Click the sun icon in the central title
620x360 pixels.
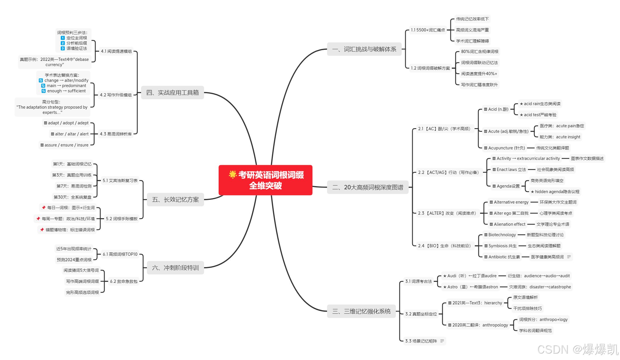233,174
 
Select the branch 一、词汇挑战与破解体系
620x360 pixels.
364,49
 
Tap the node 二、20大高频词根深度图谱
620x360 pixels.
368,187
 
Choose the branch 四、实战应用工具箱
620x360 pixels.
172,93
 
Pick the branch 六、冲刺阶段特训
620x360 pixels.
175,268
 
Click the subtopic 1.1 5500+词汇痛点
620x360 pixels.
428,30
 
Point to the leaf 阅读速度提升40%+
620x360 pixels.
479,74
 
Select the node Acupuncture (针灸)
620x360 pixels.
504,148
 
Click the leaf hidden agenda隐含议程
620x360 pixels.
555,192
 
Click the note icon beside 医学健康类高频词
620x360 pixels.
569,257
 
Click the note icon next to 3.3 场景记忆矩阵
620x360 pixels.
442,341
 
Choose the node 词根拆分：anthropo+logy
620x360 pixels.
543,320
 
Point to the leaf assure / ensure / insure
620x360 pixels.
64,145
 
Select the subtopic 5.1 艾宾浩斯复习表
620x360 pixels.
120,181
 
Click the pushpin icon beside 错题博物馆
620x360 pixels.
42,230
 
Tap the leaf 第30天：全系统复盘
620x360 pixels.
72,197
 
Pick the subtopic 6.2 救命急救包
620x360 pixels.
124,281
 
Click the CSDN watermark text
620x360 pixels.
577,350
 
